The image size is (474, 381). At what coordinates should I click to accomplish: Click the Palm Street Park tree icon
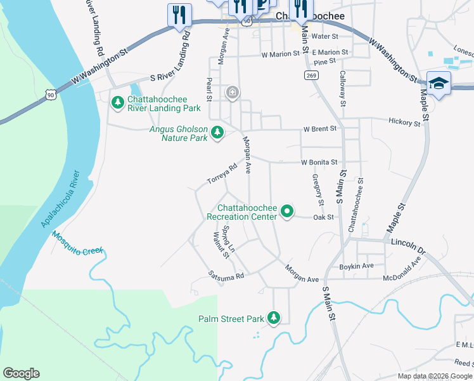(x=274, y=317)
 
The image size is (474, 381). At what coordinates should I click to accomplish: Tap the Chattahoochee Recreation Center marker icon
(x=287, y=211)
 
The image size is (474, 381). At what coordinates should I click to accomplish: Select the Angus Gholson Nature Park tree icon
(x=217, y=132)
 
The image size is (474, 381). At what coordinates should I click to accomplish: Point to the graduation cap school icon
(x=439, y=84)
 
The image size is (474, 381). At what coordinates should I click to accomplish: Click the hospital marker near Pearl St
(x=233, y=93)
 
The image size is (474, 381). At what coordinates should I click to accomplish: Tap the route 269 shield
(x=311, y=76)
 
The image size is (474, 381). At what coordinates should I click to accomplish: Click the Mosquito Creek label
(x=77, y=243)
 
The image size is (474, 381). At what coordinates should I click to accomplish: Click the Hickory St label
(x=404, y=122)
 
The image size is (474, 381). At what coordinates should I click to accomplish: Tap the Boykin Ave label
(x=357, y=266)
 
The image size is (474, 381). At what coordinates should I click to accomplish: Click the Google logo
(x=21, y=373)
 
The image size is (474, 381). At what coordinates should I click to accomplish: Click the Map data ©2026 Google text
(x=434, y=376)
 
